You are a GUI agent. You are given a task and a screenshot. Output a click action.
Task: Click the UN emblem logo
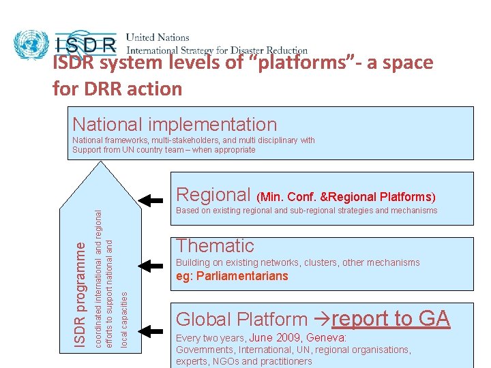(x=30, y=44)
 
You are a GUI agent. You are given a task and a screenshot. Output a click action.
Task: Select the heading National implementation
(x=175, y=124)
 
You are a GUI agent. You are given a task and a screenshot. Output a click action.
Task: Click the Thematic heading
(x=215, y=245)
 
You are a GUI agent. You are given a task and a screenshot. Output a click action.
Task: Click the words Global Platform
(x=241, y=319)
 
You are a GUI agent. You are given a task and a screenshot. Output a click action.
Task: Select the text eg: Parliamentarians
(x=232, y=276)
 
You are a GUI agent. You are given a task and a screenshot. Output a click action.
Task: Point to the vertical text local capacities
(x=124, y=319)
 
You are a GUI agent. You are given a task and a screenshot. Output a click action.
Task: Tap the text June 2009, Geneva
(x=298, y=338)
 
